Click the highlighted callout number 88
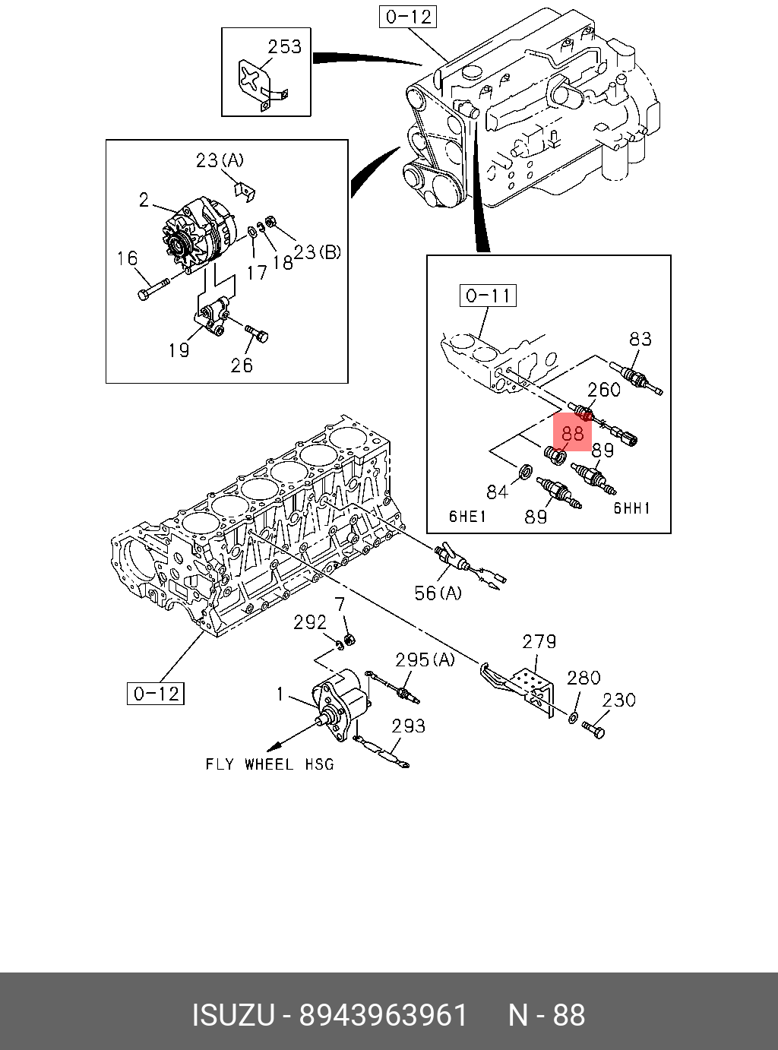click(x=572, y=433)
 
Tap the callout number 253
click(x=284, y=47)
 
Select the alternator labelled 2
click(x=194, y=236)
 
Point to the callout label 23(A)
click(x=220, y=160)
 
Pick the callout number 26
click(x=242, y=365)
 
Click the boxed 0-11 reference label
click(x=488, y=295)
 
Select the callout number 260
click(x=604, y=390)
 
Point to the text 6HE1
click(x=467, y=517)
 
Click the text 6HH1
click(x=632, y=508)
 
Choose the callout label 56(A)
click(x=438, y=593)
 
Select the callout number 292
click(x=310, y=623)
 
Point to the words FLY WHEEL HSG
click(x=270, y=764)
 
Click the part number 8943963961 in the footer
click(x=383, y=1015)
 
